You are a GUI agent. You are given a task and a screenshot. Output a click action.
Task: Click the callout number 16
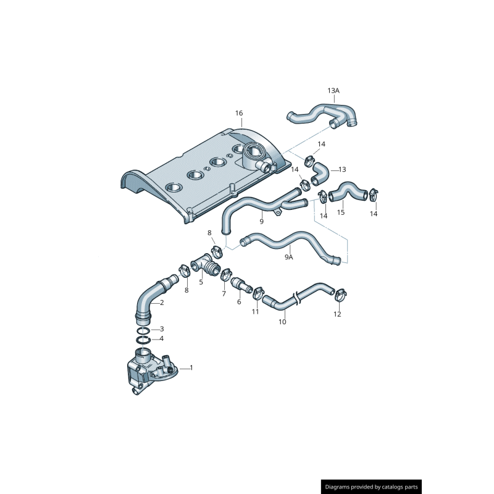239,113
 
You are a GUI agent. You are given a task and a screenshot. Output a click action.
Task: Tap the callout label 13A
333,91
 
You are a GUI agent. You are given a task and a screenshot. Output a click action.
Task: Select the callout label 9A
288,257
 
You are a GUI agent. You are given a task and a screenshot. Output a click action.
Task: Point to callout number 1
191,367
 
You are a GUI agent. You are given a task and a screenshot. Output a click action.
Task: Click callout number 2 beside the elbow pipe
162,303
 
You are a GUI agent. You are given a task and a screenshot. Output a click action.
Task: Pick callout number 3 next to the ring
162,329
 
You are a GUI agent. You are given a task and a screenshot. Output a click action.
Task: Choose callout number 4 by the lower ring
162,338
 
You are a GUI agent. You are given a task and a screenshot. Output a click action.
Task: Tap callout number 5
201,282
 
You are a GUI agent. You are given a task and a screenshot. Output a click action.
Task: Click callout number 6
239,302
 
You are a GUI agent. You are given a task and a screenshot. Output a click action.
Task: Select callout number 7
224,294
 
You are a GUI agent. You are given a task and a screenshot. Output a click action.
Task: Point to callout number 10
282,322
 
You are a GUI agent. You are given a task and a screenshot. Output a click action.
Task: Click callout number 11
255,312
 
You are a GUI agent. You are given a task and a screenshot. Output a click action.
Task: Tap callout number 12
337,314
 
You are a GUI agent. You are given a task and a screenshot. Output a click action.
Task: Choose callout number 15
341,212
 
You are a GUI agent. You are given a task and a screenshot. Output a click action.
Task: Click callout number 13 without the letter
342,169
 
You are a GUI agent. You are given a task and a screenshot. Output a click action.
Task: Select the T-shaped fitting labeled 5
206,266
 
